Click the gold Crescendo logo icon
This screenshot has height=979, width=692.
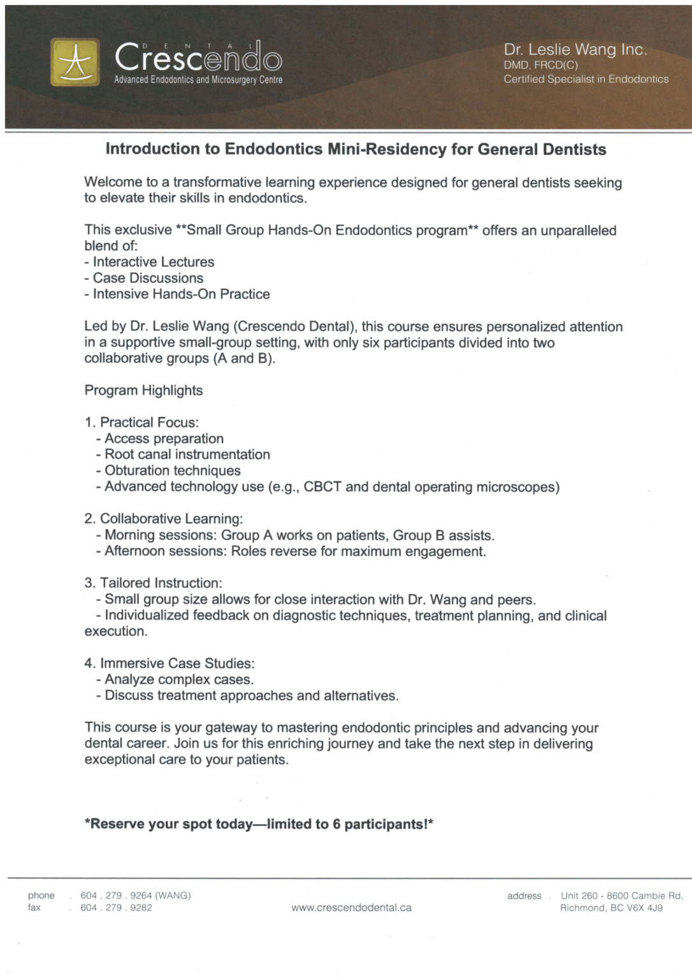click(x=75, y=62)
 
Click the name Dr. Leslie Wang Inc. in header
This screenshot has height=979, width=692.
click(x=575, y=50)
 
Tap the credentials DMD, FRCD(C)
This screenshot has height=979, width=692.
click(x=540, y=65)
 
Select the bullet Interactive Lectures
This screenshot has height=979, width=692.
click(x=153, y=262)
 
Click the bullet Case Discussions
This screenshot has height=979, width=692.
click(x=148, y=278)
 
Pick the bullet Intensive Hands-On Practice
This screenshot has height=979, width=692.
click(x=181, y=294)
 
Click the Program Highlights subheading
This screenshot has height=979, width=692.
click(x=143, y=390)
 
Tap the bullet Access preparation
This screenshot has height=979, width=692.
click(x=164, y=439)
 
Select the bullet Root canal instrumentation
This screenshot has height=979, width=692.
click(x=187, y=454)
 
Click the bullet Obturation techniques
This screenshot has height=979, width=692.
click(x=172, y=470)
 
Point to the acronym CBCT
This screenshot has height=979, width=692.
click(x=322, y=487)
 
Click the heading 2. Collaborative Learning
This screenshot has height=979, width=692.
click(x=163, y=519)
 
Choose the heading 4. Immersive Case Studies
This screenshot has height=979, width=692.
click(x=169, y=664)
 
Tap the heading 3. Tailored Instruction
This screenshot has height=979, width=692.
click(x=153, y=583)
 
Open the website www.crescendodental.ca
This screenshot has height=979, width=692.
click(x=351, y=908)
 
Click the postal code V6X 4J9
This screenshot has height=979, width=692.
click(x=645, y=908)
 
